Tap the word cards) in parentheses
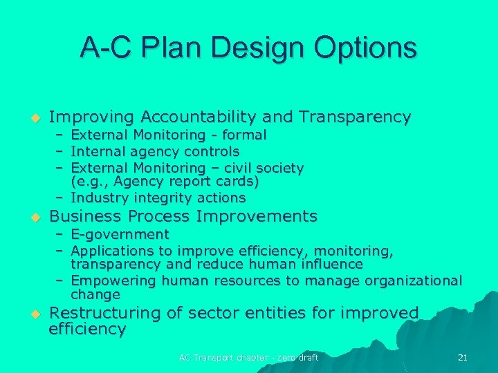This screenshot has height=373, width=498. pos(235,182)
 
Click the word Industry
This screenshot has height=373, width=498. pos(97,198)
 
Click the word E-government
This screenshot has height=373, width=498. pos(120,235)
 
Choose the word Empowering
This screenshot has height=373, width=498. pos(114,280)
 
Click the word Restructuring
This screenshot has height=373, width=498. pos(105,313)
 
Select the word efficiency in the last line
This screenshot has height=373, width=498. pos(87,329)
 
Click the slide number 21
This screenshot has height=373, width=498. pos(463,357)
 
